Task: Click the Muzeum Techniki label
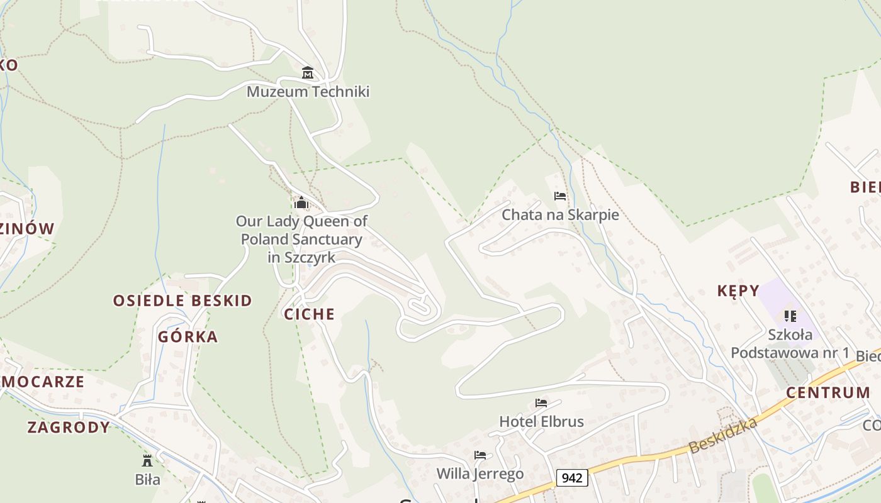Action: (x=308, y=92)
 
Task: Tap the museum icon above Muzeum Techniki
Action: (x=308, y=73)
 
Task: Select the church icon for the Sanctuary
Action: (x=301, y=202)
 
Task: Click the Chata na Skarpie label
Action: (x=560, y=215)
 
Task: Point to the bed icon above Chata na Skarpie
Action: (x=560, y=196)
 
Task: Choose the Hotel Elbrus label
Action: (x=541, y=421)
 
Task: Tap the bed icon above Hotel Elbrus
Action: (x=541, y=403)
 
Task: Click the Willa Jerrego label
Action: (x=480, y=473)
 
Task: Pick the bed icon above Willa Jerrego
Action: (x=480, y=455)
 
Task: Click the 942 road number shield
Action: (x=572, y=478)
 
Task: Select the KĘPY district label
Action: (x=738, y=290)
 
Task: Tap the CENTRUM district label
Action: (x=828, y=393)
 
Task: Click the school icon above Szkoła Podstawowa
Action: (x=790, y=316)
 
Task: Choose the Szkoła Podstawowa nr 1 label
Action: (x=790, y=343)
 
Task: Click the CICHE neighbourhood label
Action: (x=310, y=314)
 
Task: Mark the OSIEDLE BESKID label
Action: (x=182, y=301)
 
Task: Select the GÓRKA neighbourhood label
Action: (x=188, y=337)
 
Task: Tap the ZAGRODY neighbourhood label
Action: (x=69, y=428)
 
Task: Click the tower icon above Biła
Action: (x=147, y=461)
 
